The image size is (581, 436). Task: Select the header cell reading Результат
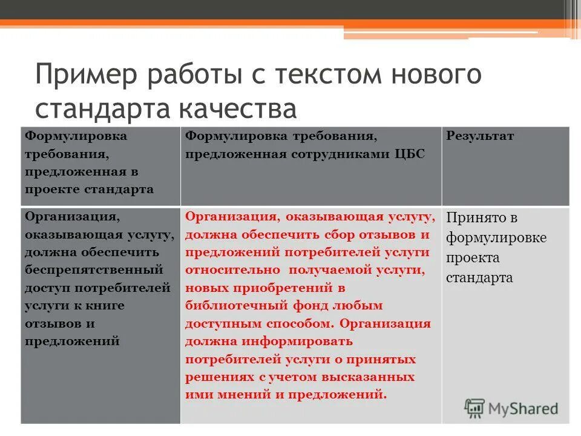[480, 136]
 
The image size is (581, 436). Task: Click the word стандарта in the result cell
[479, 278]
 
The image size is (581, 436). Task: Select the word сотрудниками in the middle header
[338, 154]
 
